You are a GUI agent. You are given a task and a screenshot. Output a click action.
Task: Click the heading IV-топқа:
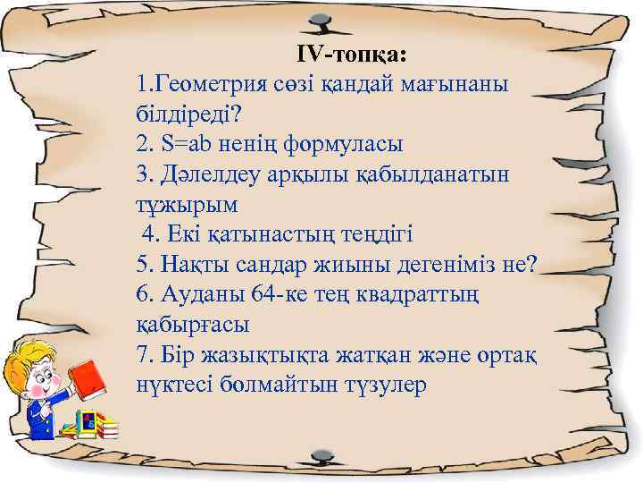tap(352, 55)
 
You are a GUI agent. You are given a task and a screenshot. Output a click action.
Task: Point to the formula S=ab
tap(191, 144)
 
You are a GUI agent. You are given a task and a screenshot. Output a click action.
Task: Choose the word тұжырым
tap(186, 205)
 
